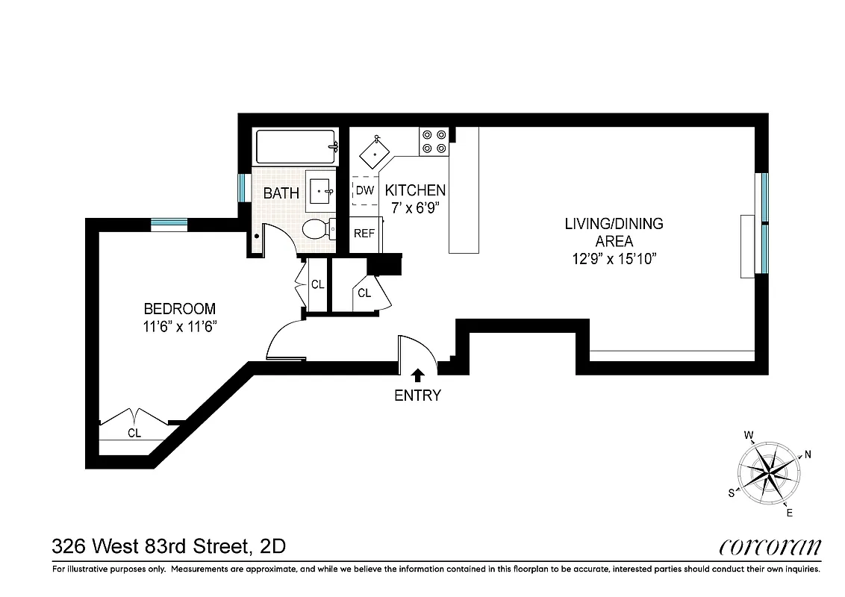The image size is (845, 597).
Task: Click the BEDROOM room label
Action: [x=179, y=308]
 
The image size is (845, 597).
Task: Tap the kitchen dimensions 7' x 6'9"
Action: [x=415, y=208]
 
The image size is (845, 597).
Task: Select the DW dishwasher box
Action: [x=364, y=190]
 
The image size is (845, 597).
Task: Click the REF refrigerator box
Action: [x=364, y=233]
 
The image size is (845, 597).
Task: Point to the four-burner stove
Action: [x=434, y=142]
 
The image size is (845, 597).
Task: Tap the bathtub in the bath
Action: [x=296, y=147]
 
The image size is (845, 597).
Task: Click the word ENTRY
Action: [x=417, y=396]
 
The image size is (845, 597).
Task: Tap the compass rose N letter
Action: [x=807, y=454]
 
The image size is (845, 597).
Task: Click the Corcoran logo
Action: [x=770, y=547]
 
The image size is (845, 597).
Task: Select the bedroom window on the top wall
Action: [x=169, y=222]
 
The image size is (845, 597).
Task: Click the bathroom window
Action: [x=242, y=187]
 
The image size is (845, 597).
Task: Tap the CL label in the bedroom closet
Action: [x=134, y=432]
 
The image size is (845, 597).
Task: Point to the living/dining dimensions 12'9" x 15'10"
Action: [x=614, y=260]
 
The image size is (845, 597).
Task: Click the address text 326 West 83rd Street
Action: [x=149, y=547]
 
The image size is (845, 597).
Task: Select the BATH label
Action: [x=281, y=193]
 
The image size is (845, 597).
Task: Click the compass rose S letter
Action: [x=732, y=493]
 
